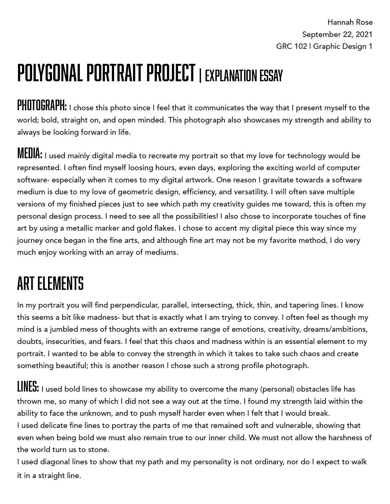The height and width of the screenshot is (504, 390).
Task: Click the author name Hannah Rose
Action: coord(350,22)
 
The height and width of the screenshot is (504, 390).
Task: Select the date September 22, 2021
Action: coord(337,34)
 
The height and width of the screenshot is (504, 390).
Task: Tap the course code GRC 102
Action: coord(291,46)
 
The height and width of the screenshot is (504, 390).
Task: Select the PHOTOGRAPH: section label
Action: coord(42,106)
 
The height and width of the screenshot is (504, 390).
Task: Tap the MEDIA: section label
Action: coord(30,154)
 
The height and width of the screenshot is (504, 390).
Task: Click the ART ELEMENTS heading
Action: coord(50,283)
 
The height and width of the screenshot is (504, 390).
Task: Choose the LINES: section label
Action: coord(28,387)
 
